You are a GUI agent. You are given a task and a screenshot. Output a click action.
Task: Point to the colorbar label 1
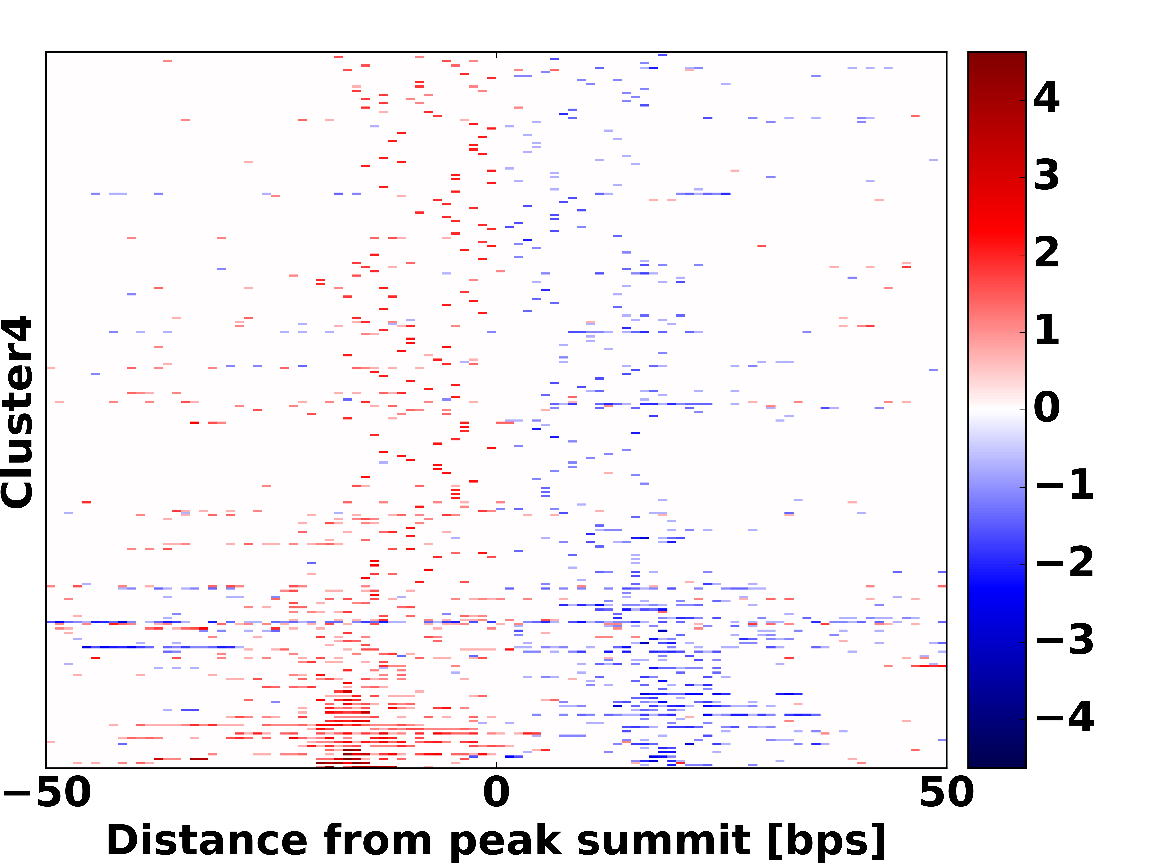coord(1046,330)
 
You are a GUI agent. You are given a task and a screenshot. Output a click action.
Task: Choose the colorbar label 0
coord(1046,407)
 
